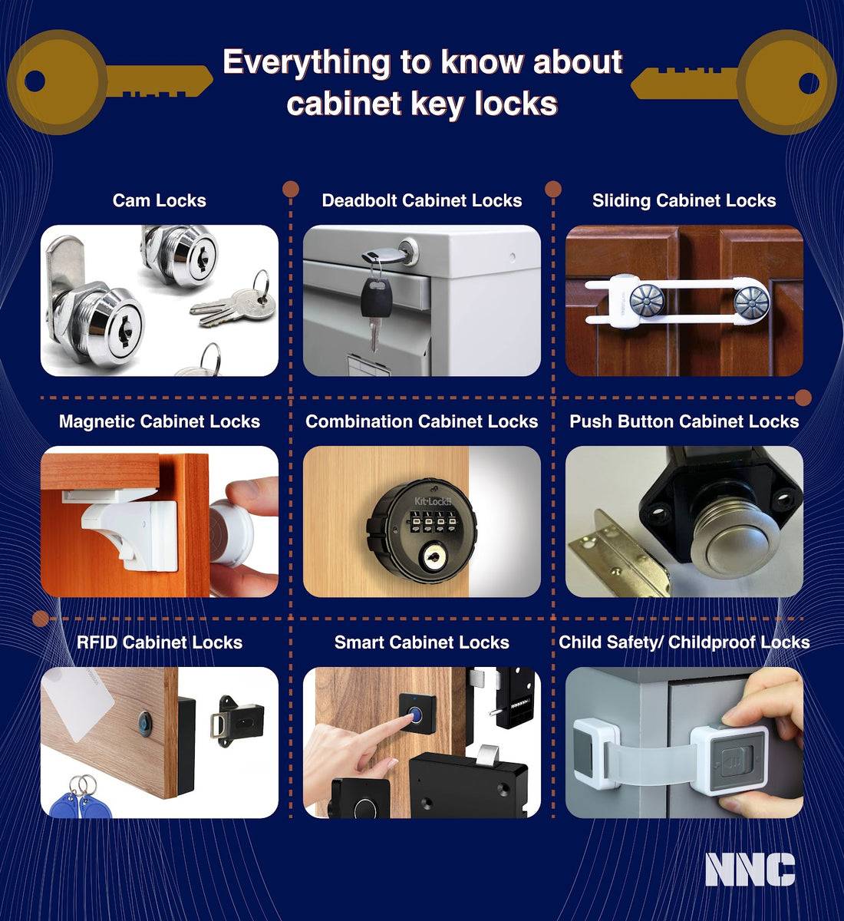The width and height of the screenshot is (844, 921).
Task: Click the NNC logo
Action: point(750,870)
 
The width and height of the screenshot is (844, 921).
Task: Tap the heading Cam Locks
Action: point(159,200)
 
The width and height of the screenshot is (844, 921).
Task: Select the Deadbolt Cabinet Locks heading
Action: point(421,200)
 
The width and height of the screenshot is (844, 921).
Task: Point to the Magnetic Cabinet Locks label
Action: point(159,421)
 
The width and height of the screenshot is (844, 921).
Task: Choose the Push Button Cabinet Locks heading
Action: point(684,421)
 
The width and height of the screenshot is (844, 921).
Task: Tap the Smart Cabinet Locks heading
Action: point(421,642)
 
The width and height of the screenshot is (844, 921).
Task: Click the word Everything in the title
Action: point(306,62)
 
